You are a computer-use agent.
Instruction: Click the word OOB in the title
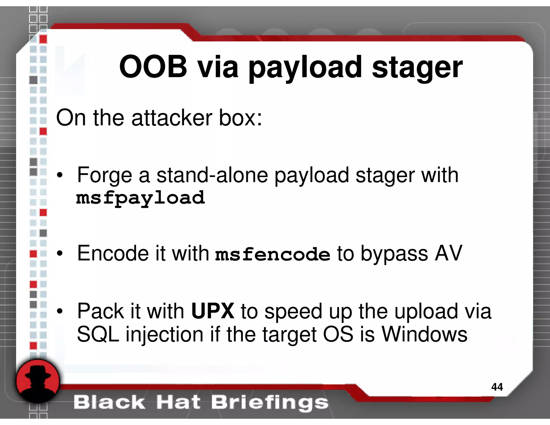point(153,67)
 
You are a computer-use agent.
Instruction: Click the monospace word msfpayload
point(140,198)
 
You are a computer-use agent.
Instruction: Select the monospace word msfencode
point(273,254)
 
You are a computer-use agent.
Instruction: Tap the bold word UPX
point(213,311)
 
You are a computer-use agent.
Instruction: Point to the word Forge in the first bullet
point(104,175)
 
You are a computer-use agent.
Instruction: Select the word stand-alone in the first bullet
point(212,175)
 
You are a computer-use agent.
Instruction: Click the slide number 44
point(497,387)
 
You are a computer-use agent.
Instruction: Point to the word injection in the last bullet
point(164,335)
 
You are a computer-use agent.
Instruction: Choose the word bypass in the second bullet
point(394,254)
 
